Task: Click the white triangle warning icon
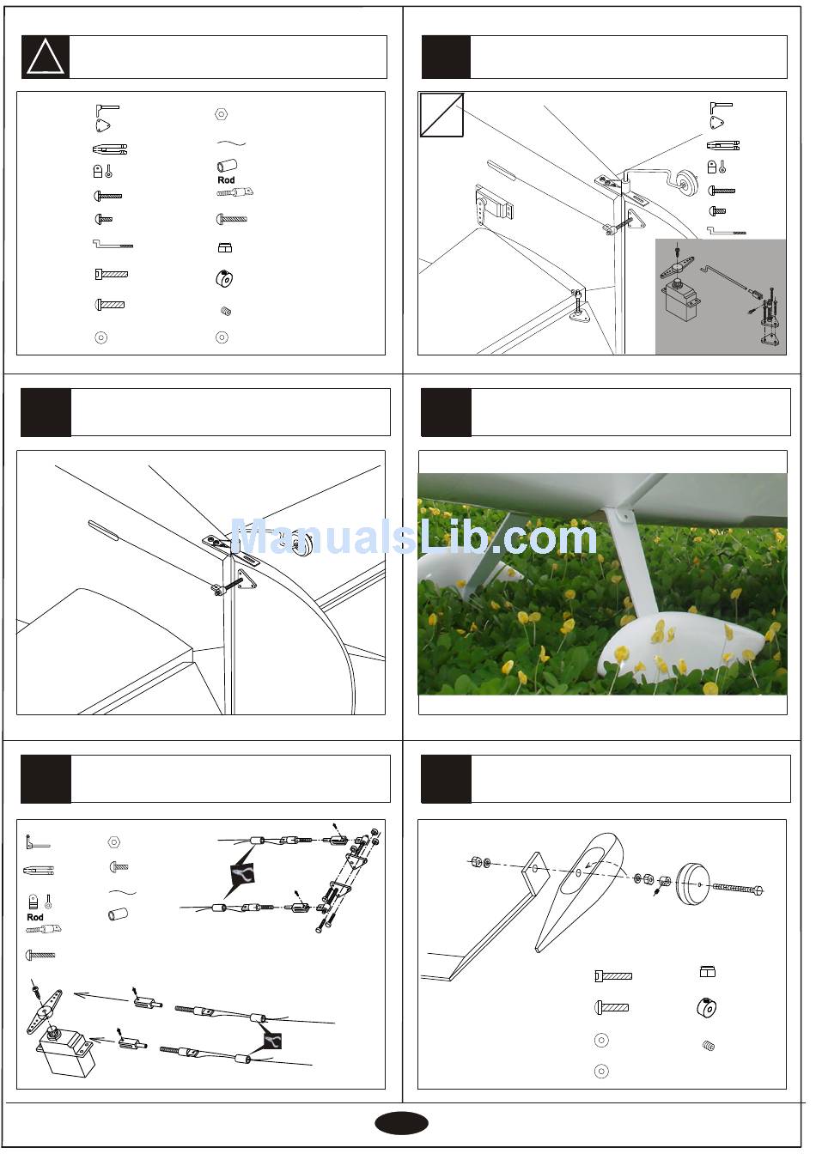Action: click(46, 58)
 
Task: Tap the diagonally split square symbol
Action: click(441, 115)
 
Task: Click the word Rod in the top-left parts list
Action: click(226, 180)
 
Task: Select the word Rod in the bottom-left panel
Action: click(35, 917)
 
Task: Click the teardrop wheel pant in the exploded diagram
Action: click(578, 891)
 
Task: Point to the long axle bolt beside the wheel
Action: click(737, 887)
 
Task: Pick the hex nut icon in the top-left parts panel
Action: click(222, 114)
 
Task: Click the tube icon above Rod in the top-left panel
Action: click(227, 166)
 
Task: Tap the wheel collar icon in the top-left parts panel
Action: click(224, 279)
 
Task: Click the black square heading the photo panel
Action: click(446, 412)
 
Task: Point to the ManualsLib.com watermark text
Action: click(414, 537)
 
